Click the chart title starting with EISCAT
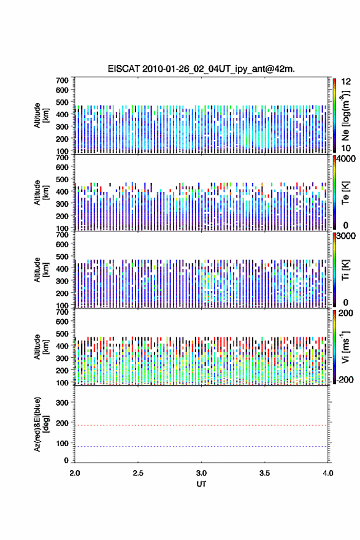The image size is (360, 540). [201, 69]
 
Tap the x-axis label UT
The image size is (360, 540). [201, 484]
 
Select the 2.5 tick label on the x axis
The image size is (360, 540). [138, 473]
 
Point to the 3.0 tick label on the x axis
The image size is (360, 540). [201, 473]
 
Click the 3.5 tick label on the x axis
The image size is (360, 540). [265, 473]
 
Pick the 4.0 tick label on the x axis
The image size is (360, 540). [327, 473]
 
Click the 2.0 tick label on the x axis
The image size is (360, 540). [75, 473]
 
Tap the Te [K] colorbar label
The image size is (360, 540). [345, 193]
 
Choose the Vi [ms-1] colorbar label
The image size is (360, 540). [345, 347]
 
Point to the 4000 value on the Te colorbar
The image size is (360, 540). [346, 159]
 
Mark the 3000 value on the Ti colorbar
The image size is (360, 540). [346, 236]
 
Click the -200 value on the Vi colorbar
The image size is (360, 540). [345, 379]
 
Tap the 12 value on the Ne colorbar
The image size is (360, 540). [346, 81]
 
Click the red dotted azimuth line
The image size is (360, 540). [201, 425]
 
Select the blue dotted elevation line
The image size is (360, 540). [201, 446]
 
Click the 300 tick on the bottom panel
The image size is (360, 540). [62, 403]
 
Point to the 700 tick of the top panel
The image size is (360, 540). [62, 80]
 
